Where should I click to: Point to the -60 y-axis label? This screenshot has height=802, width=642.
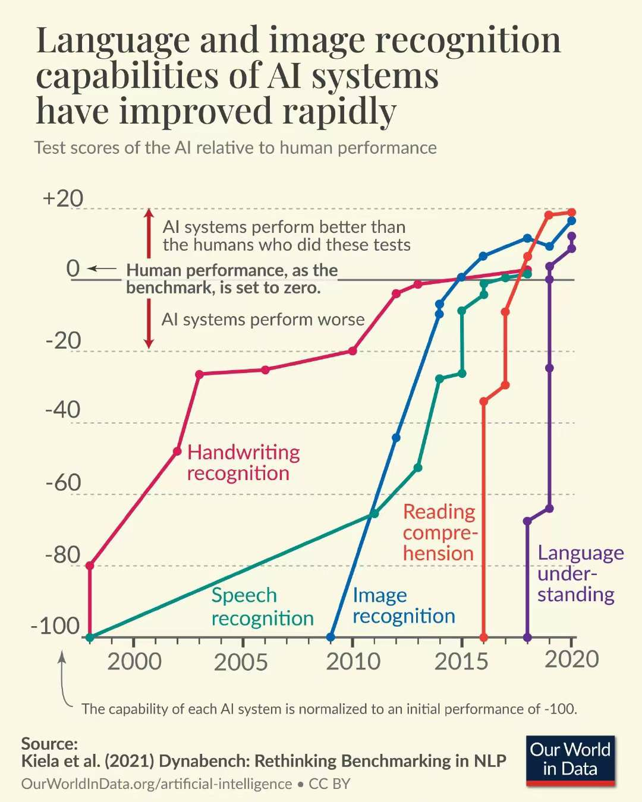coord(63,482)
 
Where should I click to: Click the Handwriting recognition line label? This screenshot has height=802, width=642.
coord(243,463)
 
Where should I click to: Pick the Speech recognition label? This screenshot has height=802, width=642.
coord(262,607)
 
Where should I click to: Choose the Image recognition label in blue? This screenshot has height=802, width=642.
coord(404,605)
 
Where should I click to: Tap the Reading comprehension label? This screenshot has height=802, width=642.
coord(440,532)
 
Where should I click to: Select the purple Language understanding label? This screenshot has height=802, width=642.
coord(580,573)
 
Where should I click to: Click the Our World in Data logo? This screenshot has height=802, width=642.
coord(570,760)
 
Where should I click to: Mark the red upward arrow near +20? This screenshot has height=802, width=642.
coord(149,232)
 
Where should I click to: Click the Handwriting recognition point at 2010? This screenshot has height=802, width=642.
coord(353,351)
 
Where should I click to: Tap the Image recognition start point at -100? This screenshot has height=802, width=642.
coord(331,637)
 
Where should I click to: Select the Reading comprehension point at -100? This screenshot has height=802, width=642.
coord(483,637)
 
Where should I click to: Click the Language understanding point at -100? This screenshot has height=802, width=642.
coord(527,637)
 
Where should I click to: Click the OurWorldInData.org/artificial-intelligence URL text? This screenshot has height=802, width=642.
coord(156,784)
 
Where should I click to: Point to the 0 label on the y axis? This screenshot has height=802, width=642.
coord(73,269)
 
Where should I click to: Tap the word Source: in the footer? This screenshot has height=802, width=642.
coord(49,744)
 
